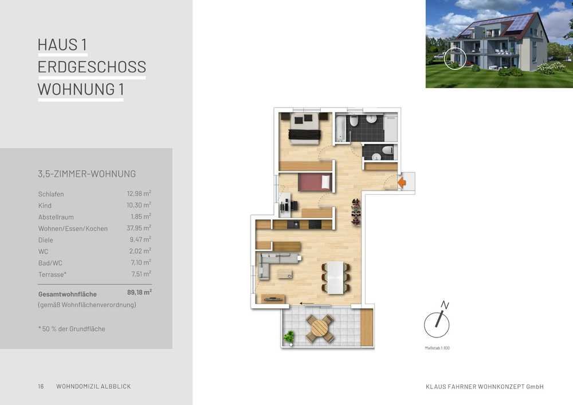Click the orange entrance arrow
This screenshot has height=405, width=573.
click(402, 182)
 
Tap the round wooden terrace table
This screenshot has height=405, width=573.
click(319, 328)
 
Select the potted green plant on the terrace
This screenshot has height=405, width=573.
click(289, 338)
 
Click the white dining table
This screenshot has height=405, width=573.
click(335, 278)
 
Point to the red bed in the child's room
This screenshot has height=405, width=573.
click(315, 182)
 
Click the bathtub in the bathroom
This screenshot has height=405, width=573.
click(340, 128)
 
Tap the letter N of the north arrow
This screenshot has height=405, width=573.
click(445, 305)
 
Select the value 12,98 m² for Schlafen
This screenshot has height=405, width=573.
click(139, 193)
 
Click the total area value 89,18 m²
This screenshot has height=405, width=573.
click(139, 293)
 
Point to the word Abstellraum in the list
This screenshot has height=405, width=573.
click(56, 217)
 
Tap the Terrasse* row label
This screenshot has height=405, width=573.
click(52, 274)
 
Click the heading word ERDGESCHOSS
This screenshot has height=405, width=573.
click(92, 67)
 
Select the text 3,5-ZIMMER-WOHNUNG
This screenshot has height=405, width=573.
click(87, 174)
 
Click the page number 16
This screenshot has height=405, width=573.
click(41, 386)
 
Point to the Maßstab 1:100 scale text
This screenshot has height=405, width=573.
click(437, 348)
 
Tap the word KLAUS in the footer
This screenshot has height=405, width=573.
click(435, 387)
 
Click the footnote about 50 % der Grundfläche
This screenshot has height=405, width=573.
click(72, 329)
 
